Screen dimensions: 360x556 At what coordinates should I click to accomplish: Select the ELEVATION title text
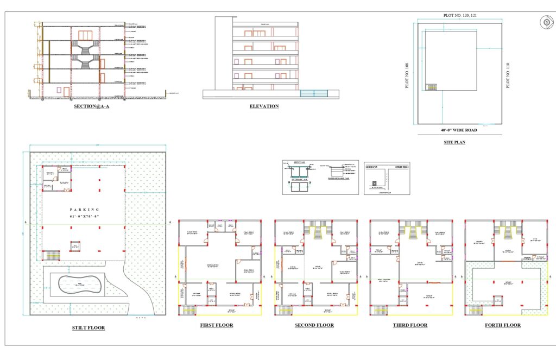[264, 106]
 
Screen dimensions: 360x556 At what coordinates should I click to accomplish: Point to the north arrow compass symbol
[545, 22]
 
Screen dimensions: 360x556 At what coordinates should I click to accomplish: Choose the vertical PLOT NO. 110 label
[508, 75]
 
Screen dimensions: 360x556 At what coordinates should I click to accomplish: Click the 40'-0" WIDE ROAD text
[459, 130]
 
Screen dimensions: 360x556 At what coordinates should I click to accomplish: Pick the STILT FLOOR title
[89, 328]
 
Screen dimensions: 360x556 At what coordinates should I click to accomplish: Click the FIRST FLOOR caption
[217, 325]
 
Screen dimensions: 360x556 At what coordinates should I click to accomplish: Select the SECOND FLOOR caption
[314, 325]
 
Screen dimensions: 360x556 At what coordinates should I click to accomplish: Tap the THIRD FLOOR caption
[410, 325]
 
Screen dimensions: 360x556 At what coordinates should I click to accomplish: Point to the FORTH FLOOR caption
[503, 325]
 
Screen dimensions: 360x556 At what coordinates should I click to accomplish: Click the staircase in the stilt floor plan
[52, 255]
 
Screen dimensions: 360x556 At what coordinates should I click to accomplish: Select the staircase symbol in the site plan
[431, 87]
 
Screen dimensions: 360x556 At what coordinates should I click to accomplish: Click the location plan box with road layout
[387, 178]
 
